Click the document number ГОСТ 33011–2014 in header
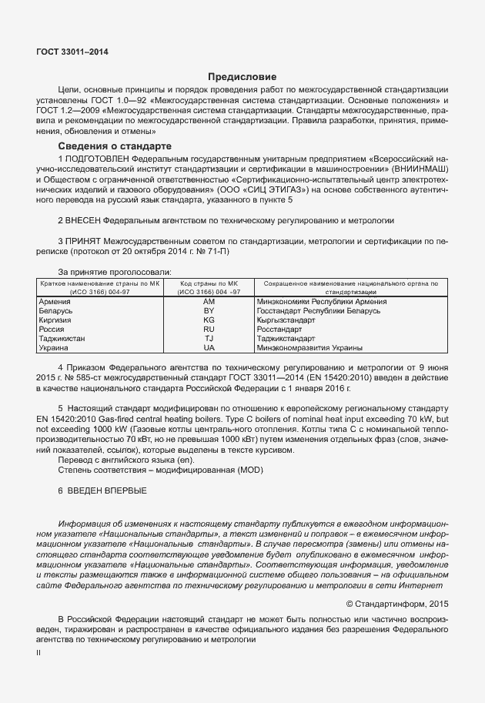[x=72, y=52]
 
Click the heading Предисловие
[x=242, y=76]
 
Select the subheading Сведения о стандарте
[x=115, y=146]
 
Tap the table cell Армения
[x=54, y=302]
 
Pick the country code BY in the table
[x=209, y=311]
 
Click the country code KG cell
[x=209, y=320]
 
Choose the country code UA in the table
[x=209, y=348]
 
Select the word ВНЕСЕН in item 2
[x=84, y=220]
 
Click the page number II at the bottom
[x=39, y=652]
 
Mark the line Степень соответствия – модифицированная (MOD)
[x=149, y=469]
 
